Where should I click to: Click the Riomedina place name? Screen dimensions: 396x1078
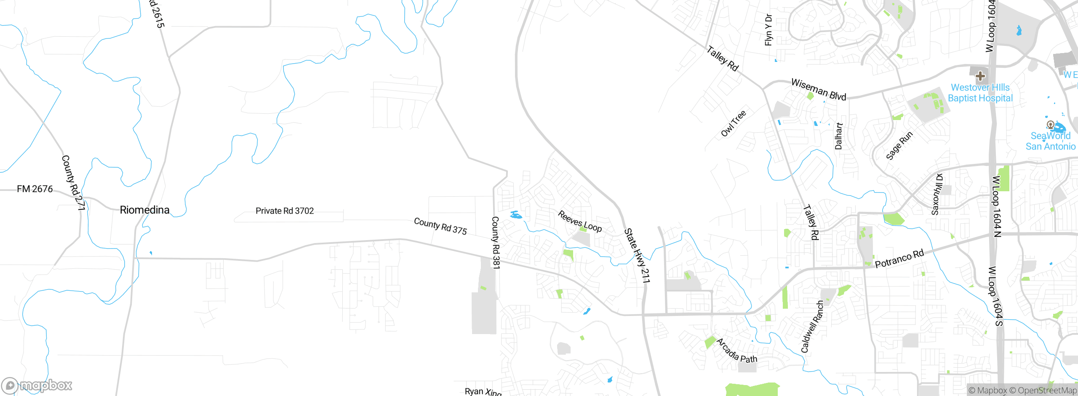[144, 210]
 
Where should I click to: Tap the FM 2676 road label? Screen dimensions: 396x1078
[35, 189]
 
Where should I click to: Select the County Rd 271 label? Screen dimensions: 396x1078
[73, 182]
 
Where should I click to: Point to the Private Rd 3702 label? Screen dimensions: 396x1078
[285, 211]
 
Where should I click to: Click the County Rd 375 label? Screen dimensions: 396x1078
[440, 226]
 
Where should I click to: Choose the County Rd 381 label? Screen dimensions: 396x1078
[496, 242]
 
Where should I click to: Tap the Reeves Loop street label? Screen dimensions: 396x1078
[580, 222]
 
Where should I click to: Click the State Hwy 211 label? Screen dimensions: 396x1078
[637, 255]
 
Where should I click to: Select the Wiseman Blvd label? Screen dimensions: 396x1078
[819, 89]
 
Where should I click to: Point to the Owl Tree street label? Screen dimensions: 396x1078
[734, 123]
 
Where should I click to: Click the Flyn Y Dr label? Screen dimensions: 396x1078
[768, 30]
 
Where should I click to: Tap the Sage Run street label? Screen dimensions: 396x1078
[899, 145]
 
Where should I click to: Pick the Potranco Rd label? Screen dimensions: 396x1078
[899, 258]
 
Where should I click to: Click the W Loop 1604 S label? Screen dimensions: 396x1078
[995, 296]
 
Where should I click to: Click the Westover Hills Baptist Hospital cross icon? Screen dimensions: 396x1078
[980, 76]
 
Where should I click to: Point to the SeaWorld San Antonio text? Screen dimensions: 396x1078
[1051, 141]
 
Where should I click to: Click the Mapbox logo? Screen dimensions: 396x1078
[37, 385]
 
